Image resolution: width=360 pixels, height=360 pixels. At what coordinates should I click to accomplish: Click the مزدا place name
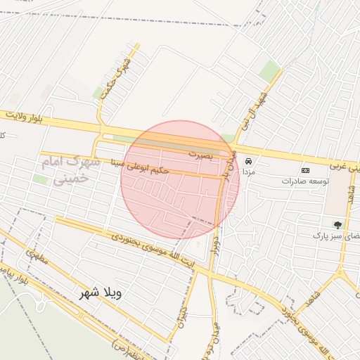(248, 172)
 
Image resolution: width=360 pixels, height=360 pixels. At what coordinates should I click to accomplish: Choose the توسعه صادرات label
(306, 181)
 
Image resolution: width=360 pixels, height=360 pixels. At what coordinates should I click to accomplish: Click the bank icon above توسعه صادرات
(305, 170)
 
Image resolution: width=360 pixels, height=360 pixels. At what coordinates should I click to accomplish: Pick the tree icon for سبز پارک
(337, 225)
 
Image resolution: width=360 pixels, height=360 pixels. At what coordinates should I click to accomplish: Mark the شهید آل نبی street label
(255, 112)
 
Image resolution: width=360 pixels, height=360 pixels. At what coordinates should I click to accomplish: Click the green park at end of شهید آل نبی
(270, 70)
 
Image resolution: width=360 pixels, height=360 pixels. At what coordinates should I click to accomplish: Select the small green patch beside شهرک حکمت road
(98, 93)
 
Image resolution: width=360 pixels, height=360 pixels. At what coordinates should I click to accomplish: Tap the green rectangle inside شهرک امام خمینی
(41, 180)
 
